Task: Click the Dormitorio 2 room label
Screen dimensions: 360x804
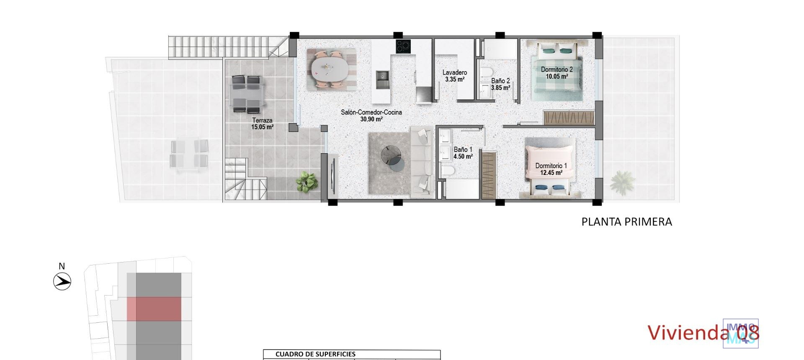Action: (x=557, y=69)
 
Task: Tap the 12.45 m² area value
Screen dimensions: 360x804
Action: (x=549, y=172)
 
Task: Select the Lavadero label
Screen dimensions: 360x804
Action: (x=455, y=72)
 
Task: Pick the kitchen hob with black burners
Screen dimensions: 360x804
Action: (x=404, y=46)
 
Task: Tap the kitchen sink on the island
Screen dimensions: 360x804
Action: (x=382, y=80)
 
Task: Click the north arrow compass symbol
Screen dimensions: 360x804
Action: (x=62, y=281)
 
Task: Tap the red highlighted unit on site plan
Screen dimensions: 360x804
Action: (x=154, y=309)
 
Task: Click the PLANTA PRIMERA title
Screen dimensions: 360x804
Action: (x=626, y=222)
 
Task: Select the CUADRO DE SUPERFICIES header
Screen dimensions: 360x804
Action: (x=315, y=354)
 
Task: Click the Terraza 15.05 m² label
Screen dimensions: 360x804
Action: (x=262, y=124)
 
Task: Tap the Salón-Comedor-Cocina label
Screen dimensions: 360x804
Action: (x=371, y=112)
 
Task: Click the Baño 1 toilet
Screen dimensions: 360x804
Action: (x=447, y=171)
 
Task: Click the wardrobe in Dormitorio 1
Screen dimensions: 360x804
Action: (x=489, y=175)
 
